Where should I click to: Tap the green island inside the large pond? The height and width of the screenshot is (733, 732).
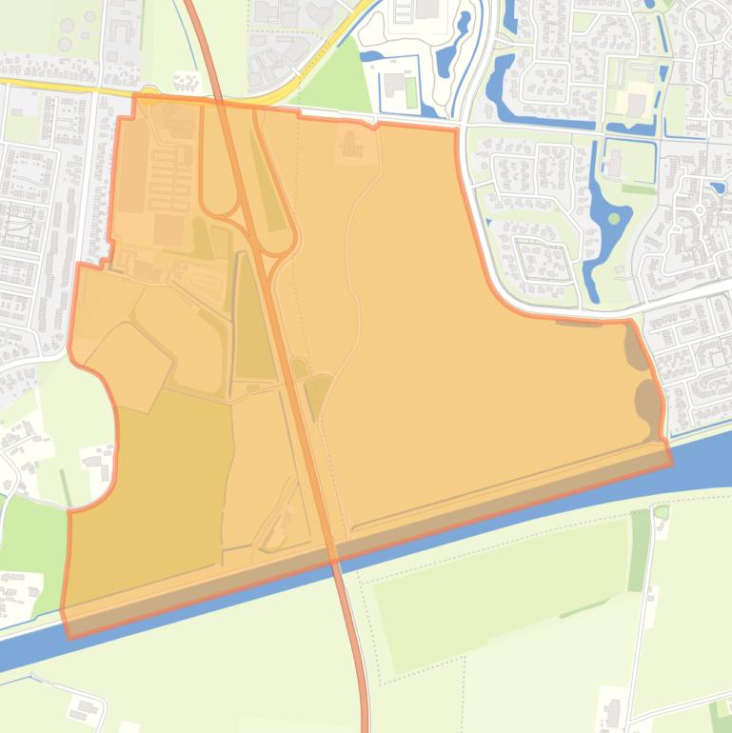pos(614,219)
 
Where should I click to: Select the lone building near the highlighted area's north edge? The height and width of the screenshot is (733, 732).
pos(351,146)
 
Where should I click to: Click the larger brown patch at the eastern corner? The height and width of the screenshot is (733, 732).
pos(648,400)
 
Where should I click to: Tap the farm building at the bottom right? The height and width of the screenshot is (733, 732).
pos(611,710)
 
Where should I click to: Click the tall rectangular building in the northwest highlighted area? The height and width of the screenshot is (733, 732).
pos(132,176)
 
